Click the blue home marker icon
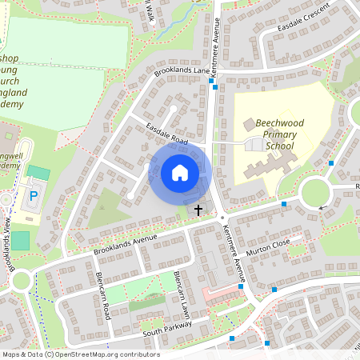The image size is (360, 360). click(180, 173)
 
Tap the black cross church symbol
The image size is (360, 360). click(198, 209)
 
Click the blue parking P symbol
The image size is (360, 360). click(34, 196)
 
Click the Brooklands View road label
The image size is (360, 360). click(10, 244)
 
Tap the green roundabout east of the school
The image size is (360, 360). click(315, 192)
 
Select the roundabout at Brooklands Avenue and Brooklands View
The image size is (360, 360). click(19, 280)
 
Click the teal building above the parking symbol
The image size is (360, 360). click(38, 172)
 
